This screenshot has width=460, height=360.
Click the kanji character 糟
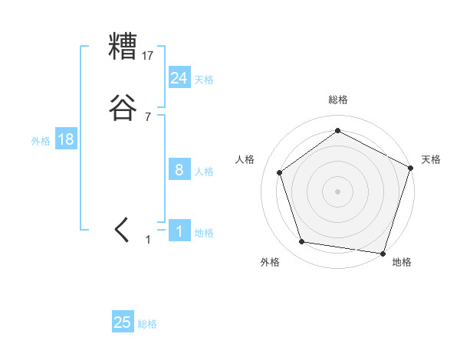[x=123, y=47]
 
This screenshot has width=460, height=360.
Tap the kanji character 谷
[x=123, y=108]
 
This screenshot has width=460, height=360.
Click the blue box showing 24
[x=179, y=78]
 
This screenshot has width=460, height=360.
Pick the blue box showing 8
[x=179, y=170]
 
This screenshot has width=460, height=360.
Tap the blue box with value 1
[x=179, y=231]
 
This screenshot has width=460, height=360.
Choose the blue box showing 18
[x=65, y=139]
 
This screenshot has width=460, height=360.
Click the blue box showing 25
[x=123, y=322]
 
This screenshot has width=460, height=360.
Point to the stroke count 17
[x=148, y=55]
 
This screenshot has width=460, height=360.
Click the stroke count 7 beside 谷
[x=148, y=116]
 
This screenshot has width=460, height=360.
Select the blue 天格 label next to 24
[x=204, y=80]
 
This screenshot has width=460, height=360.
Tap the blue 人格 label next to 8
[x=204, y=172]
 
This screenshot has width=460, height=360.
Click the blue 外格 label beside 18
[x=41, y=141]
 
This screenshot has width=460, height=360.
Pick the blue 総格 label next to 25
[x=147, y=324]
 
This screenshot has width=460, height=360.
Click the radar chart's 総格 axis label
[x=337, y=100]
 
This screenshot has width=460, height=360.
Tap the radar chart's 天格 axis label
[x=431, y=159]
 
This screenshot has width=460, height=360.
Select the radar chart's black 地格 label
[x=401, y=262]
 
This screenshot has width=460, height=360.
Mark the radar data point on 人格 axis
[x=280, y=172]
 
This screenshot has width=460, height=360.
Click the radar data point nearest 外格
[x=302, y=242]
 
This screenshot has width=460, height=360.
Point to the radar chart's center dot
[x=337, y=191]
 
